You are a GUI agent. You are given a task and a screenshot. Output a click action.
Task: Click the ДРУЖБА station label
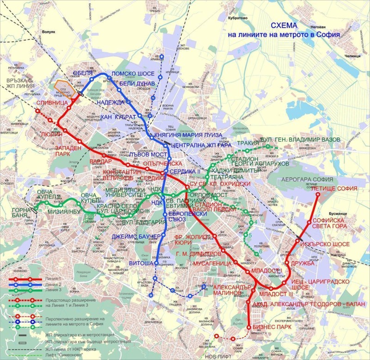coord(302,263)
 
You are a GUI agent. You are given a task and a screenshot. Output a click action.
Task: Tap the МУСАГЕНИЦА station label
coord(211,263)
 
